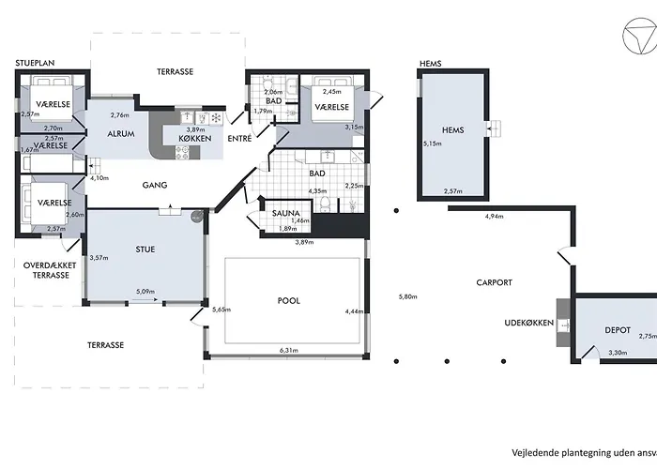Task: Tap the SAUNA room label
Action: [x=286, y=213]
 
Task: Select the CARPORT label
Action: [x=494, y=281]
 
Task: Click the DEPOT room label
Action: [x=617, y=330]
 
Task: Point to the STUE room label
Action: [x=145, y=250]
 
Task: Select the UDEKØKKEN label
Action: [x=527, y=325]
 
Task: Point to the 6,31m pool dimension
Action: [x=287, y=351]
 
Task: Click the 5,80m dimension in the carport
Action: [x=406, y=297]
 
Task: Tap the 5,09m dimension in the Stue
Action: [x=145, y=292]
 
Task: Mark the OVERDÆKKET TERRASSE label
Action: [x=46, y=270]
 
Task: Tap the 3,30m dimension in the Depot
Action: [x=617, y=353]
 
